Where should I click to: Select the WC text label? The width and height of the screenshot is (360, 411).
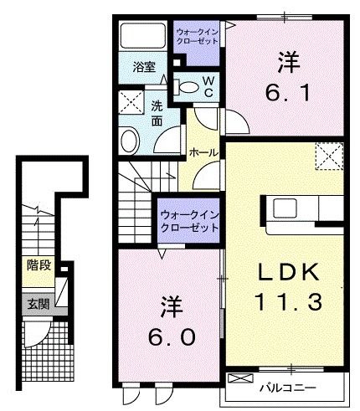[x=208, y=85]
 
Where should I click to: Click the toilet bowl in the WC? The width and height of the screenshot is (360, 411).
[x=188, y=85]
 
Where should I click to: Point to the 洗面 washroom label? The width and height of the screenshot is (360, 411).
[x=157, y=113]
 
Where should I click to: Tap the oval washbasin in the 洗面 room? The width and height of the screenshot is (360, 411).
[x=130, y=139]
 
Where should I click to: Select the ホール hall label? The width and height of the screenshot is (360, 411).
[x=203, y=152]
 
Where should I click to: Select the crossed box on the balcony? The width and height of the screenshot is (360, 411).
[x=239, y=378]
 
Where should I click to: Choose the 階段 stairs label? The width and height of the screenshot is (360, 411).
[x=38, y=265]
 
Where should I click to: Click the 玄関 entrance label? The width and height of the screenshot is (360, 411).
[x=38, y=304]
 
